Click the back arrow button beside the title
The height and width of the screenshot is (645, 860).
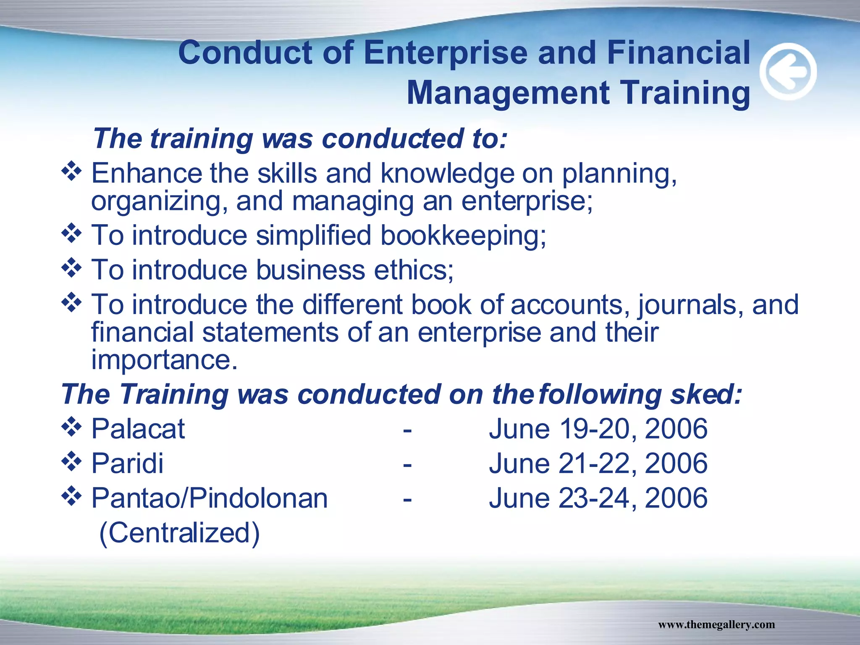click(788, 71)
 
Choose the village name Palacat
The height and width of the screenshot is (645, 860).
click(138, 429)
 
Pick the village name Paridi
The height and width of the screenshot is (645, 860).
click(128, 464)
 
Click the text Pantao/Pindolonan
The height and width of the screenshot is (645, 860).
click(210, 498)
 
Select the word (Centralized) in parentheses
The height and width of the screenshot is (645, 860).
click(179, 533)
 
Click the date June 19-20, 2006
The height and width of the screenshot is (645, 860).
click(598, 429)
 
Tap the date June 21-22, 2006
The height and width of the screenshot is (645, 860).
click(598, 464)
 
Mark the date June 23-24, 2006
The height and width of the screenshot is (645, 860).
click(598, 498)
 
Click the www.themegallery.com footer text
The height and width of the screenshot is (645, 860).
click(716, 624)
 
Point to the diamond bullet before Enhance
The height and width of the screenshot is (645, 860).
click(72, 171)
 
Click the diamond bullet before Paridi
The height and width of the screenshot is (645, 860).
click(72, 461)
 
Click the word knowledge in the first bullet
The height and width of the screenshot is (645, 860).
click(447, 173)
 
